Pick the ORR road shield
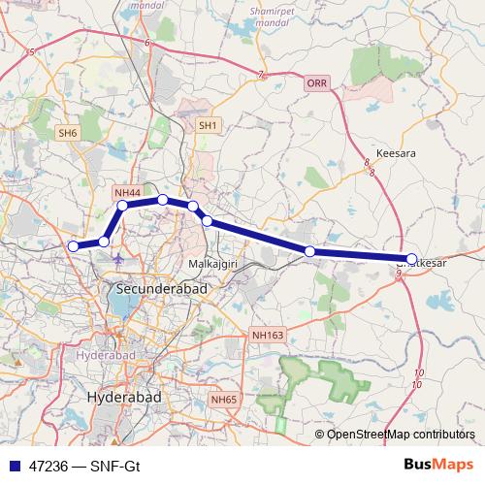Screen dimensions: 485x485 tap(317, 84)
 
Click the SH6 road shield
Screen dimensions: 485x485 tap(67, 132)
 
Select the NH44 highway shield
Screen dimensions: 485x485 tap(127, 193)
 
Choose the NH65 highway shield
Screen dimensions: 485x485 tap(223, 400)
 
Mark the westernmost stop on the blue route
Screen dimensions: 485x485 tap(73, 246)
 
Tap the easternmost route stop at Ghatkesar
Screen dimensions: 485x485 tap(412, 259)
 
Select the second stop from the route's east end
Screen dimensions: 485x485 tap(309, 252)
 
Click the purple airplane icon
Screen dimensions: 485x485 tap(118, 260)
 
